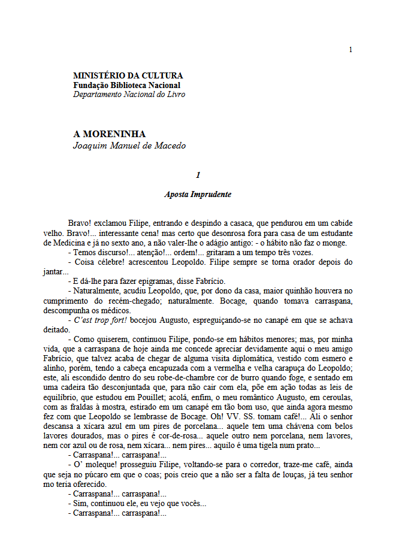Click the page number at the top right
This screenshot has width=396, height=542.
350,50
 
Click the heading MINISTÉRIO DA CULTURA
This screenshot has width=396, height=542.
128,76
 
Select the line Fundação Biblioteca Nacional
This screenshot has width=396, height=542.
126,85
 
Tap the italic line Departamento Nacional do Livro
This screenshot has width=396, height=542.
129,94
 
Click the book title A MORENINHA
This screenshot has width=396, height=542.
109,134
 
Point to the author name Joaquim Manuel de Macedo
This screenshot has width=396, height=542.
129,146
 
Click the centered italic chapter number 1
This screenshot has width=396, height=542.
198,175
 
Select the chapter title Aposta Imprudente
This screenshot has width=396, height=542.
198,195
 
